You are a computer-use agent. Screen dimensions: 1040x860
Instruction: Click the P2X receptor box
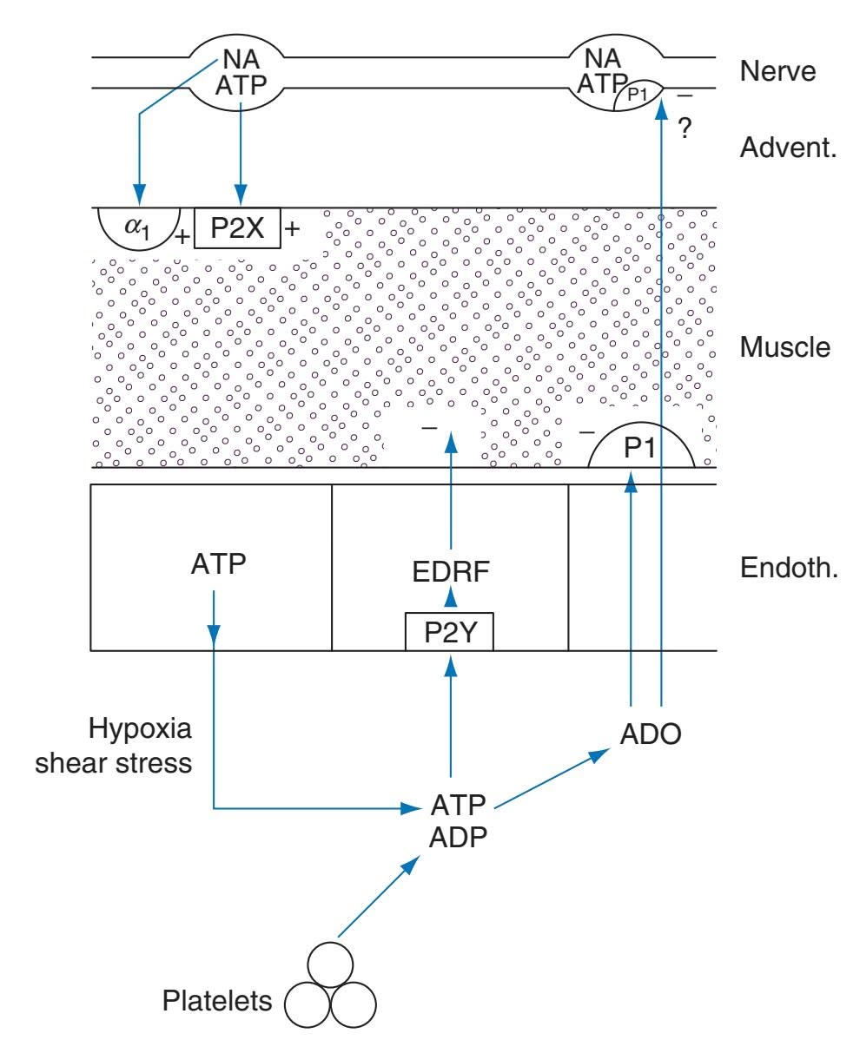(238, 228)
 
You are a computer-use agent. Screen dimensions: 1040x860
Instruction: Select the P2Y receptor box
(449, 633)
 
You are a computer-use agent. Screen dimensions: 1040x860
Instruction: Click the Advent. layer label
(786, 149)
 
